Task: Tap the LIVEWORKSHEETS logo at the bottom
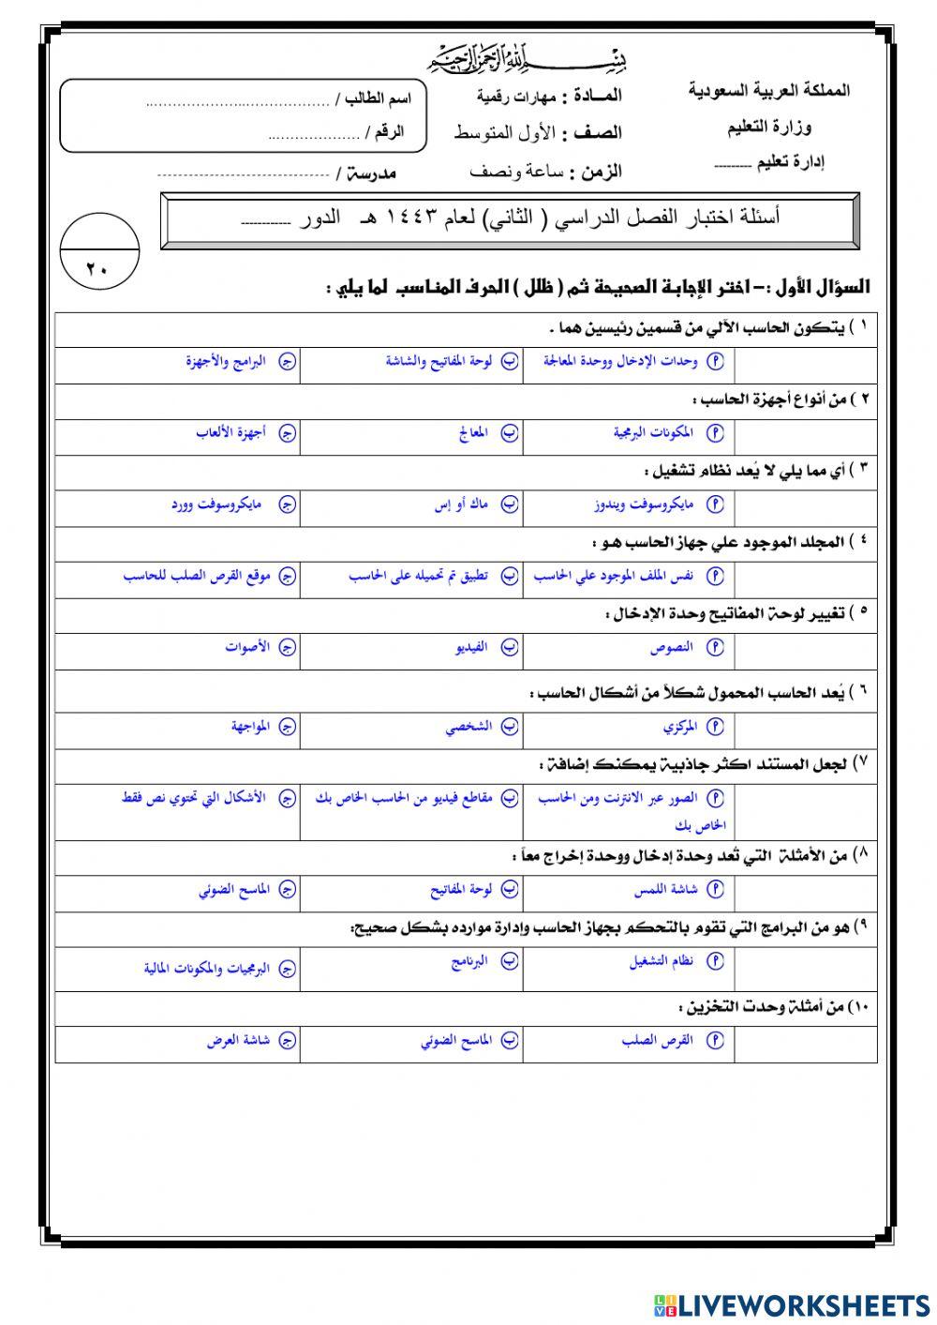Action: (792, 1305)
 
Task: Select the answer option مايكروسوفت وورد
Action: (216, 504)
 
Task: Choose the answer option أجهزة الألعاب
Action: (231, 432)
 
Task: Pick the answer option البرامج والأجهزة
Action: (226, 360)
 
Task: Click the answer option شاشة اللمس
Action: (665, 888)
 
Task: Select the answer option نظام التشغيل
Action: (662, 960)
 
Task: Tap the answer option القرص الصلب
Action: (657, 1040)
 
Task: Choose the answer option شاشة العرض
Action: (238, 1040)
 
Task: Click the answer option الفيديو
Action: (467, 647)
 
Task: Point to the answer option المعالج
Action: (474, 432)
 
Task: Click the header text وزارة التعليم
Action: (769, 127)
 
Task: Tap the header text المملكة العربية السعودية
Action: (769, 91)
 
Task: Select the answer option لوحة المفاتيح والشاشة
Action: (439, 360)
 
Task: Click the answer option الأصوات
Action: (247, 647)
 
